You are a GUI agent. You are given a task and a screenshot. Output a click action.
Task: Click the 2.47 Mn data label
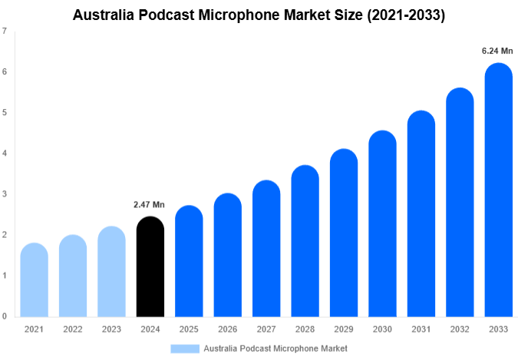pyautogui.click(x=150, y=205)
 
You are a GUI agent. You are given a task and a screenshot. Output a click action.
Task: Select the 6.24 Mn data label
pyautogui.click(x=497, y=51)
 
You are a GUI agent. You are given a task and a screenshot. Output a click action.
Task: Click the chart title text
pyautogui.click(x=259, y=14)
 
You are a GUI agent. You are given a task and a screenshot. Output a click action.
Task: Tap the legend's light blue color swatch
pyautogui.click(x=185, y=348)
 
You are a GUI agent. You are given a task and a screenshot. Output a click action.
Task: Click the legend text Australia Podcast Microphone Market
pyautogui.click(x=275, y=348)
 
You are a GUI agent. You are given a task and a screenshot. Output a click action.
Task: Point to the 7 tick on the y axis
pyautogui.click(x=5, y=31)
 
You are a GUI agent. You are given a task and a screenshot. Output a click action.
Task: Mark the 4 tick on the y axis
pyautogui.click(x=5, y=154)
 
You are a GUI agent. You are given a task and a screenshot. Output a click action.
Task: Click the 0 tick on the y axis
pyautogui.click(x=5, y=316)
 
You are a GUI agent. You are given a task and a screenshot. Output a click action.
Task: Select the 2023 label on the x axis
pyautogui.click(x=111, y=329)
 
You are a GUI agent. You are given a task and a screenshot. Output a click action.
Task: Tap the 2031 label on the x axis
pyautogui.click(x=421, y=329)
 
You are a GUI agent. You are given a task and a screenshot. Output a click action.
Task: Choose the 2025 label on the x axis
pyautogui.click(x=189, y=329)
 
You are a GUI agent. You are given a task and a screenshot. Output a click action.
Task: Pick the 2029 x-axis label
pyautogui.click(x=343, y=329)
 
